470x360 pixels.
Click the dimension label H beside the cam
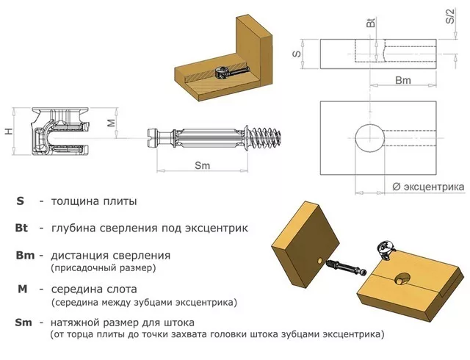click(x=7, y=131)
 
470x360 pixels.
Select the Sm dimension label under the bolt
click(x=203, y=165)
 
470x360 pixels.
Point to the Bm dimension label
click(x=403, y=79)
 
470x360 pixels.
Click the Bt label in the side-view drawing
click(x=370, y=24)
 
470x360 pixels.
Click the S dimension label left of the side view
click(x=297, y=53)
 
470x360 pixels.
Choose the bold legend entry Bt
click(x=21, y=228)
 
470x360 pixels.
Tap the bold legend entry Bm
click(x=24, y=255)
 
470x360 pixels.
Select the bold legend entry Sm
click(x=23, y=323)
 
